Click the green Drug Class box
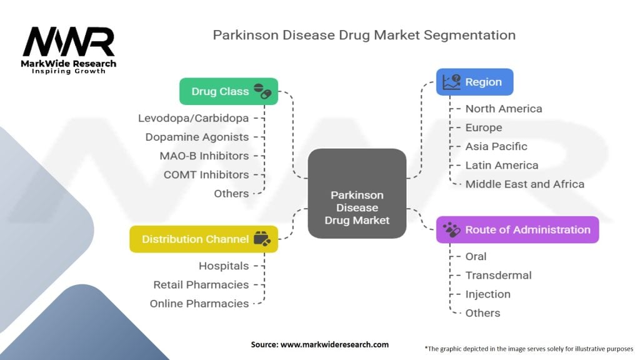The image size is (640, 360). point(228,91)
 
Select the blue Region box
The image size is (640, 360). point(474,82)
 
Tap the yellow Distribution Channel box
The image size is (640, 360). point(203,239)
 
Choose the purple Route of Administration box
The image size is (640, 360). point(517,229)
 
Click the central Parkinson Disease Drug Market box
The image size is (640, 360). point(357,193)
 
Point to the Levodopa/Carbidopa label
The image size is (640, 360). point(193,118)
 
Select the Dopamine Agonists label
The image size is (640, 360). point(197,137)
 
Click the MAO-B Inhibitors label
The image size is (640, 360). point(204,156)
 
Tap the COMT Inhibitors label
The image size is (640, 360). point(206,174)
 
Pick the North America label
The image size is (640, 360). point(504,109)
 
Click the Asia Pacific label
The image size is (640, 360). point(496,146)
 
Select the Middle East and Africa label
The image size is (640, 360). point(525,184)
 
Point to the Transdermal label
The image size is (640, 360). point(498,275)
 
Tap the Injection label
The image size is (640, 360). point(487,294)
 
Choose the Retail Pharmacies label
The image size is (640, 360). point(201,284)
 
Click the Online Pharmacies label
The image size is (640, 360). point(199,303)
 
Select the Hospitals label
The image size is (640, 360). point(223,266)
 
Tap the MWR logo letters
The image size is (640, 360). point(69,42)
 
